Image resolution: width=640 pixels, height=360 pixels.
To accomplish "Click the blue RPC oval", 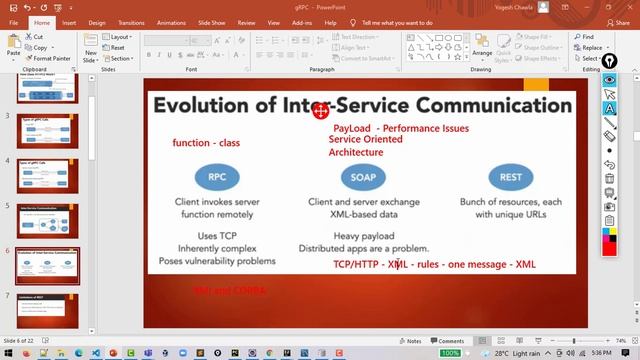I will pos(217,177).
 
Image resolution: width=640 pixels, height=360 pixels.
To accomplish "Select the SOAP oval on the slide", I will pos(362,177).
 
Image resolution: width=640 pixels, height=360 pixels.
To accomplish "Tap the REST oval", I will pos(510,177).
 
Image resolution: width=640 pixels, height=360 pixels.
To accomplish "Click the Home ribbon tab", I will pos(41,22).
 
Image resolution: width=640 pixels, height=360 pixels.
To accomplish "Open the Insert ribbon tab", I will pos(69,22).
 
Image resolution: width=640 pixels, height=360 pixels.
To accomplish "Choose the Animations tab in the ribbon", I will pos(171,22).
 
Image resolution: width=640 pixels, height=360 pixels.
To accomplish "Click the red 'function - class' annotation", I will pos(206,143).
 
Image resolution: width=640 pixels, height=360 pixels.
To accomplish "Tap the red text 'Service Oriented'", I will pos(365,140).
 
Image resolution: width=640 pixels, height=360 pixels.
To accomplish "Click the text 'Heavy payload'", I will pos(364,236).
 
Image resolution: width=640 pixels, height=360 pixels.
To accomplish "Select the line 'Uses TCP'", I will pos(217,236).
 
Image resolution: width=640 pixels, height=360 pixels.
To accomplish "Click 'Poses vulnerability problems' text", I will pos(217,261).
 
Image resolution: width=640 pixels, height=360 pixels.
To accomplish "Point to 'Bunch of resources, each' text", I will pos(511,202).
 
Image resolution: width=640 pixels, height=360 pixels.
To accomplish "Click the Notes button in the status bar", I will pos(410,341).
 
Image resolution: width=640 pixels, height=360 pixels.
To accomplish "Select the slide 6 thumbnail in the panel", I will pos(48,264).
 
